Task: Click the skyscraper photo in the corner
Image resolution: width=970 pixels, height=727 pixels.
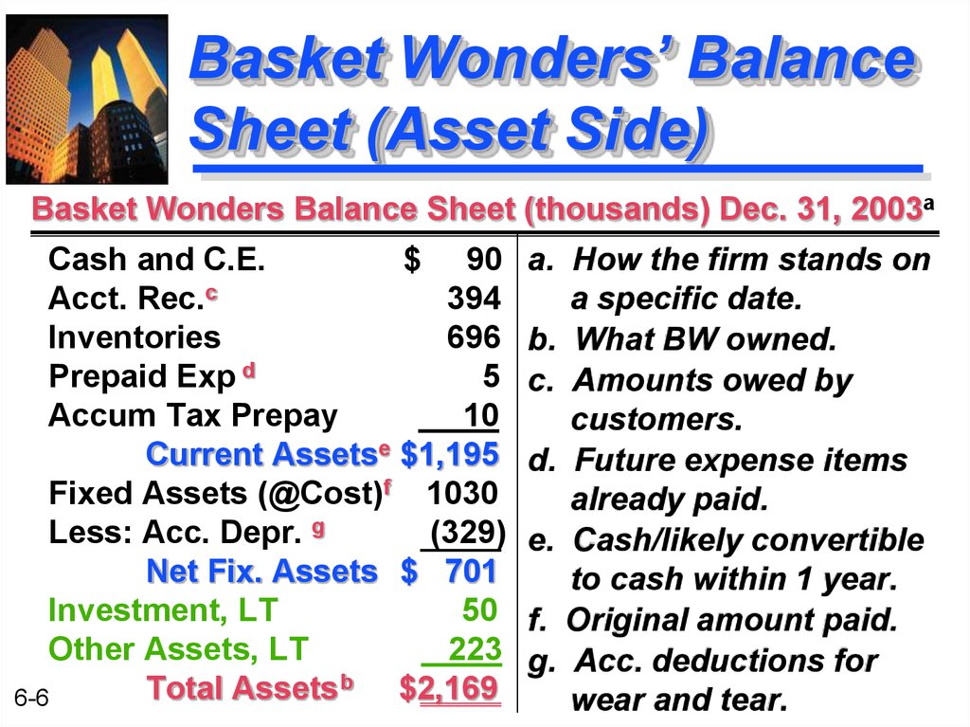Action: (87, 100)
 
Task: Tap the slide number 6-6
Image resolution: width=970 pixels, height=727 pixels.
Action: (31, 699)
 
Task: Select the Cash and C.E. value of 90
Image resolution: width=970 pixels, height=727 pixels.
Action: (484, 259)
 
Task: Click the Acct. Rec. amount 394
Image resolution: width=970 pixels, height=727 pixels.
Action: (474, 298)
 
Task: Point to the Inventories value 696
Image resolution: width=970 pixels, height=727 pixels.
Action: (474, 336)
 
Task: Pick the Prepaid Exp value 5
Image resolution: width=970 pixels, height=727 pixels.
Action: (492, 376)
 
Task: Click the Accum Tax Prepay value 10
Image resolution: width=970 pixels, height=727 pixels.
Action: (480, 415)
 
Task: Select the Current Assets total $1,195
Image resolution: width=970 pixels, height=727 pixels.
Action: (450, 454)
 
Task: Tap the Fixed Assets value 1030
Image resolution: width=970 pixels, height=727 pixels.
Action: (462, 493)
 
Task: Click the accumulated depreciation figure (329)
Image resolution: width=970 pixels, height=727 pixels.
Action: (468, 532)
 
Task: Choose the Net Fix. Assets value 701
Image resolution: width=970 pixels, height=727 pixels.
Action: (472, 571)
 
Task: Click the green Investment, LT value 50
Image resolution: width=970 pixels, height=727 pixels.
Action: (479, 610)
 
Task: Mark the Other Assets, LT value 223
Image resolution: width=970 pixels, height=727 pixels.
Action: (475, 649)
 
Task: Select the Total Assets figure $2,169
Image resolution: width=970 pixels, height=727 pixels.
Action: (448, 688)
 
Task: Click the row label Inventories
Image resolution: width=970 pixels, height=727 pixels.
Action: (135, 337)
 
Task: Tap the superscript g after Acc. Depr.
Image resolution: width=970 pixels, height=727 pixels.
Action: (318, 529)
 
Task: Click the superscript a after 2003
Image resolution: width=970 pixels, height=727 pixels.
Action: (928, 203)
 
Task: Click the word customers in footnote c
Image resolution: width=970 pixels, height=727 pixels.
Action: (656, 420)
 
